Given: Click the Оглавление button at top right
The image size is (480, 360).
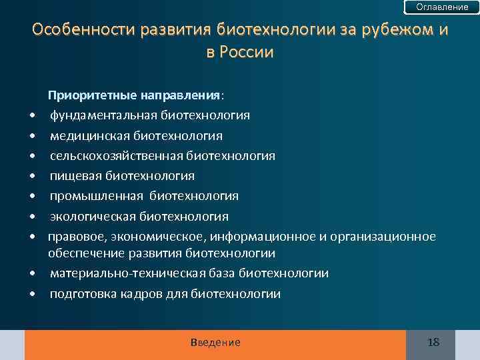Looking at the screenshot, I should [442, 7].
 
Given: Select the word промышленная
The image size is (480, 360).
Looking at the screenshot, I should [96, 196].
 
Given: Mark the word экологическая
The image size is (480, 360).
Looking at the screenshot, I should [92, 216].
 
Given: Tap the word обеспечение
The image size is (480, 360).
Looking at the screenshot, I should [81, 253].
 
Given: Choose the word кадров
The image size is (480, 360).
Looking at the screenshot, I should [139, 293].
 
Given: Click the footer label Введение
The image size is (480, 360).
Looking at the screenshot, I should [215, 343].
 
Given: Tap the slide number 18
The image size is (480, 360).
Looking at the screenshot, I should [433, 343].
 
